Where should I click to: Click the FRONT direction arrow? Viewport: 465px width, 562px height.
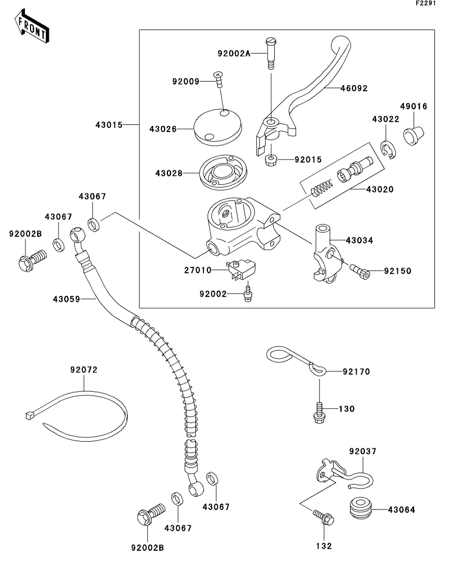tap(32, 29)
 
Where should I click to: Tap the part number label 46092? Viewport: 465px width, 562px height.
tap(354, 88)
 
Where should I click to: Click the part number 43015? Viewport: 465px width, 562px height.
tap(109, 124)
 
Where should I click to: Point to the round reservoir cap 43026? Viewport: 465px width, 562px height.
tap(218, 126)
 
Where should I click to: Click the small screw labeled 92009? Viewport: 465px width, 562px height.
tap(219, 78)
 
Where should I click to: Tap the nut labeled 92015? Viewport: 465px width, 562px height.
tap(271, 160)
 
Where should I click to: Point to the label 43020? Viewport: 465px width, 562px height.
tap(380, 189)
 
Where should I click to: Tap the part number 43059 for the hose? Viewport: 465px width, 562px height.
tap(66, 299)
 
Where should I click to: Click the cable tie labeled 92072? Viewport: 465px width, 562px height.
tap(76, 408)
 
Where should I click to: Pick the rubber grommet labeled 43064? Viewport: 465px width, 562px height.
tap(360, 510)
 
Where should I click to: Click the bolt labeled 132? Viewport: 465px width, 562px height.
tap(324, 518)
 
